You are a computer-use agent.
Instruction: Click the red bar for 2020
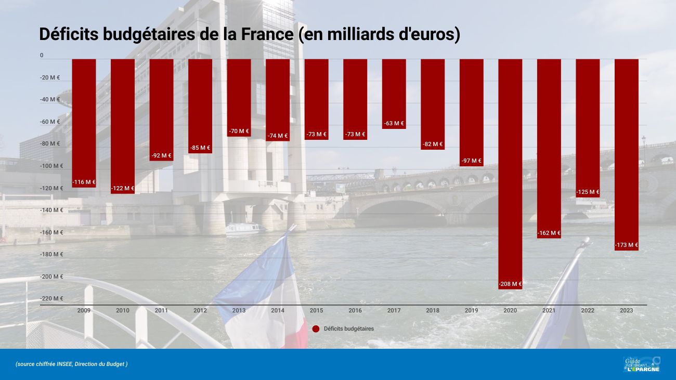coord(510,172)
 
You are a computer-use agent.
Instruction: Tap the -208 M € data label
coord(510,284)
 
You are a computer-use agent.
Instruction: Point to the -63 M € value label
coord(394,124)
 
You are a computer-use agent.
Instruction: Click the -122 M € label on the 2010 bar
coord(123,188)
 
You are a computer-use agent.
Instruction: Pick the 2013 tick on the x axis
coord(239,310)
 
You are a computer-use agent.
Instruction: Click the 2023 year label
coord(626,310)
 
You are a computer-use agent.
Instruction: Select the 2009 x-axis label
coord(84,310)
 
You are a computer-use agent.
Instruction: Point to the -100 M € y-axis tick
coord(51,166)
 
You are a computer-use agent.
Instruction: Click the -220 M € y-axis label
coord(51,298)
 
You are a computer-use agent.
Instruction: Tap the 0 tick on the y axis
coord(42,55)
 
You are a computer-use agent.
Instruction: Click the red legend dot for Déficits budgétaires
coord(316,329)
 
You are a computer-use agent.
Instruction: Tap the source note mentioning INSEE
coord(72,364)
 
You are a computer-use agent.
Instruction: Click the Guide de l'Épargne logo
coord(642,364)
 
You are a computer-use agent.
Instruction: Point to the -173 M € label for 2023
coord(626,245)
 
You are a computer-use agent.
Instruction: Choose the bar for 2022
coord(588,125)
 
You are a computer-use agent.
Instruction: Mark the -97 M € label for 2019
coord(472,161)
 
